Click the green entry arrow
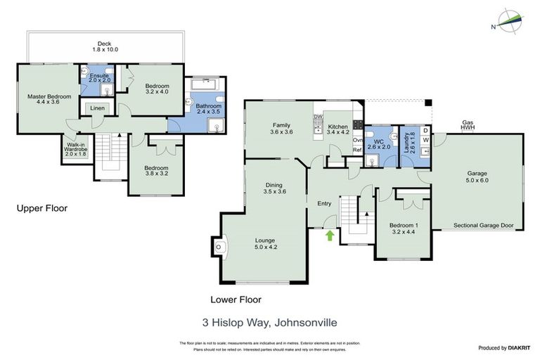pyautogui.click(x=330, y=236)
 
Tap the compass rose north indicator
pyautogui.click(x=510, y=21)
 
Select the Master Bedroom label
pyautogui.click(x=49, y=100)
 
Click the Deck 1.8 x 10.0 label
pyautogui.click(x=104, y=47)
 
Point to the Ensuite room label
pyautogui.click(x=95, y=77)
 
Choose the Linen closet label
pyautogui.click(x=96, y=108)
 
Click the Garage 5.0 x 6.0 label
pyautogui.click(x=477, y=176)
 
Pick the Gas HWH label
pyautogui.click(x=468, y=124)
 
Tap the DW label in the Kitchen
pyautogui.click(x=318, y=117)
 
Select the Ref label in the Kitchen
pyautogui.click(x=356, y=150)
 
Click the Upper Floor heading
pyautogui.click(x=42, y=208)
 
